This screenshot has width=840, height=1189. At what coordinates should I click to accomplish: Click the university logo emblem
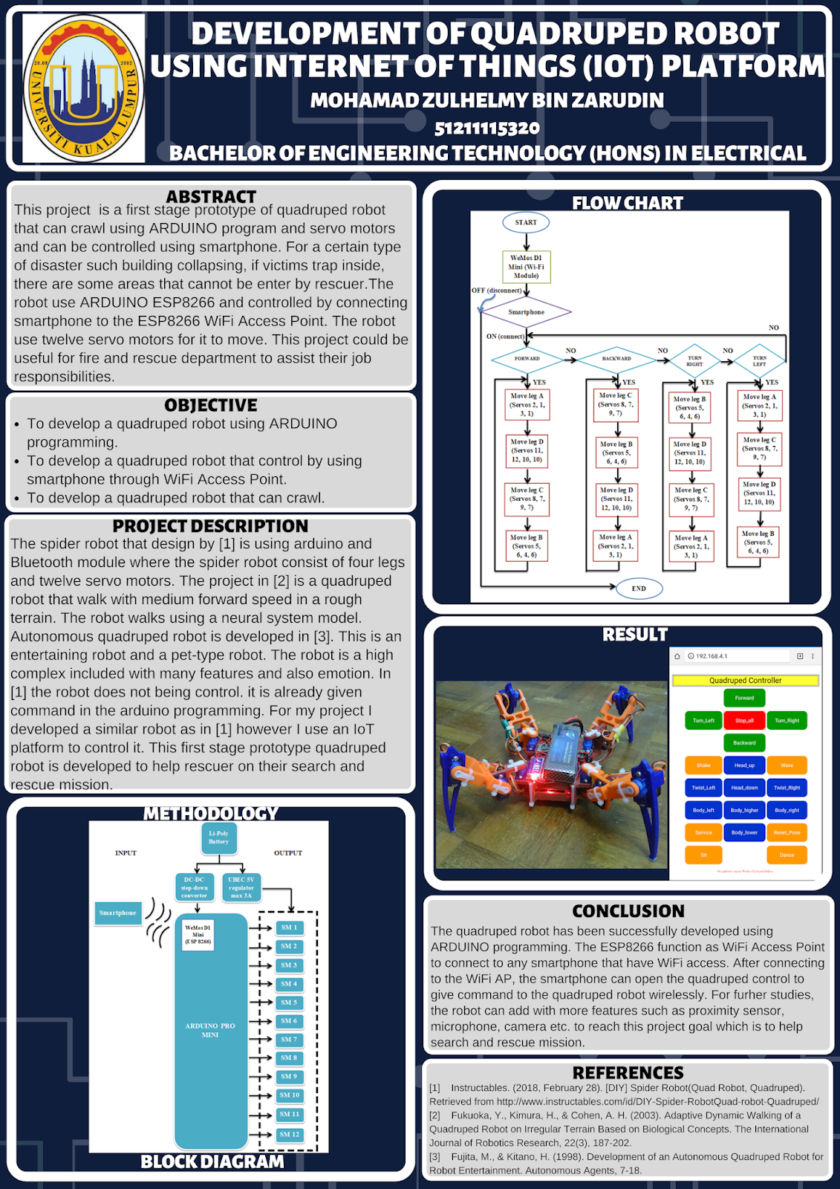[83, 88]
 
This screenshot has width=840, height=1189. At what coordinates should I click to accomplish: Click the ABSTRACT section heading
[211, 197]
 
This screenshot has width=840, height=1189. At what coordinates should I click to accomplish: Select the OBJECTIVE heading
[211, 405]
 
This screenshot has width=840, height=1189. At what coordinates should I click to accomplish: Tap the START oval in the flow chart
[526, 222]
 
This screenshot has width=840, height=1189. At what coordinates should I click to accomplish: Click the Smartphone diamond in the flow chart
[527, 312]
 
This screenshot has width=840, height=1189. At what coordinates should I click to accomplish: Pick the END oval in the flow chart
[639, 589]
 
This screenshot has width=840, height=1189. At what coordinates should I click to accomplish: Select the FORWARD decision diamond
[527, 358]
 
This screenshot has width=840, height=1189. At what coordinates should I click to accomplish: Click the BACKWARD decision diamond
[616, 358]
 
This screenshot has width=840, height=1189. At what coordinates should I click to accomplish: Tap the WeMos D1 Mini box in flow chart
[526, 267]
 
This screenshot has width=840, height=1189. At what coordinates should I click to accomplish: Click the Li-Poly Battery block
[218, 838]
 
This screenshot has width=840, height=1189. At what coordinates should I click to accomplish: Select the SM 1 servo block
[289, 927]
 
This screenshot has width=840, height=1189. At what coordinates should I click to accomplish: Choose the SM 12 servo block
[289, 1134]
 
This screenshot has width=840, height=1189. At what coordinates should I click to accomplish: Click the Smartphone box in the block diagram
[118, 913]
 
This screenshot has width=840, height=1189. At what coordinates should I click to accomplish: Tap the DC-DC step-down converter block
[195, 887]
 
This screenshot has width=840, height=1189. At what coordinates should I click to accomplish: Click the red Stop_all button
[744, 720]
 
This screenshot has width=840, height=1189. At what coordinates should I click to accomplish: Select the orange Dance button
[787, 855]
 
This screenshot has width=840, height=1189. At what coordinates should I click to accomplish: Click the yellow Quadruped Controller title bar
[745, 680]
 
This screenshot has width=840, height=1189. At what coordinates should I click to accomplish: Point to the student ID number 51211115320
[487, 128]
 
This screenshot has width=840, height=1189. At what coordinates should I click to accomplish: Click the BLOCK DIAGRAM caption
[212, 1162]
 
